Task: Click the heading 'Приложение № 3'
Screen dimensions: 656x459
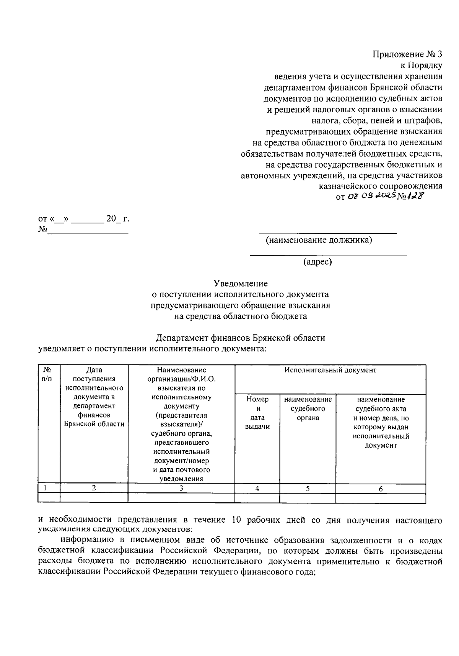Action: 407,54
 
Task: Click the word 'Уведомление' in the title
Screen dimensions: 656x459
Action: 241,284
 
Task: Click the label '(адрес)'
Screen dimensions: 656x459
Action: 317,262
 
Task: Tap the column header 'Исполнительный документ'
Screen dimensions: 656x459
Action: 330,370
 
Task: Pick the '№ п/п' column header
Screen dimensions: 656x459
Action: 48,374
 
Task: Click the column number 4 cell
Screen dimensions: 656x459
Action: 257,489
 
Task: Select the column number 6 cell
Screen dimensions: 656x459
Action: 381,489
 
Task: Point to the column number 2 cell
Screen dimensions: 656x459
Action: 94,488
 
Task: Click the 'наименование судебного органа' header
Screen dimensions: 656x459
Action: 308,408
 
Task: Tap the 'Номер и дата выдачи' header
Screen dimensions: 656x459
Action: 257,413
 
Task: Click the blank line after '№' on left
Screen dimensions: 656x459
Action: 87,231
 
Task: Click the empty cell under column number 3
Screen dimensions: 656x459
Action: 181,498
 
